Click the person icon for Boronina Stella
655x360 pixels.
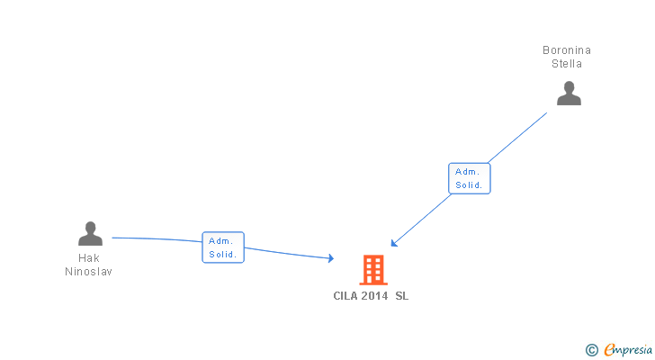point(569,93)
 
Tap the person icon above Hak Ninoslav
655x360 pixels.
point(90,233)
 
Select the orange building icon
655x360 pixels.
point(373,270)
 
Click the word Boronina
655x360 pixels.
point(567,50)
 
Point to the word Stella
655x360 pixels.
point(567,64)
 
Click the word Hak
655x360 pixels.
point(88,258)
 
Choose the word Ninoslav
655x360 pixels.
point(88,272)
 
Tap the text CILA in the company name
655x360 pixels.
point(345,296)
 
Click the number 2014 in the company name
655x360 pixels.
point(374,296)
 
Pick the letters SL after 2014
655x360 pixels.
point(402,296)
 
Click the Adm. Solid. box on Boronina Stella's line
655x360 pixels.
point(469,178)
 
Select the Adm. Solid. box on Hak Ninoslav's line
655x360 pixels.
point(223,247)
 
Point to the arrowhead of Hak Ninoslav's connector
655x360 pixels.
point(331,258)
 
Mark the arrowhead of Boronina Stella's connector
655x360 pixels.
point(394,243)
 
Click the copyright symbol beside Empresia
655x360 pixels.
point(592,350)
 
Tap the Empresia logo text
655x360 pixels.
point(628,350)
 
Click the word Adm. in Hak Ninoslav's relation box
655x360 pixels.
point(220,241)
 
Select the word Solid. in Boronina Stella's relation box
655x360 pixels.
point(469,185)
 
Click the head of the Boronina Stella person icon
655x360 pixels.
point(569,87)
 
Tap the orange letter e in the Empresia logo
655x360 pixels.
point(609,349)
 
